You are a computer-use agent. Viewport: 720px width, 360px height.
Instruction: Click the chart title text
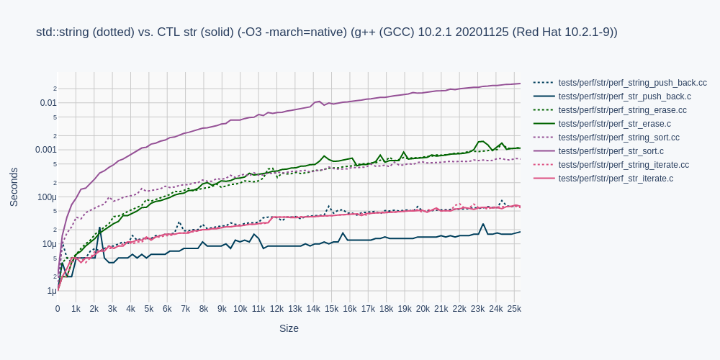pyautogui.click(x=326, y=32)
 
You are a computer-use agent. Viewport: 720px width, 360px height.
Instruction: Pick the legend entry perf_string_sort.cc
pyautogui.click(x=618, y=138)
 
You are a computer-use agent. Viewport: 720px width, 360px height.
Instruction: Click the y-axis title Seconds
pyautogui.click(x=14, y=187)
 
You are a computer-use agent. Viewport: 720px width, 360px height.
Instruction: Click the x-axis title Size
pyautogui.click(x=289, y=328)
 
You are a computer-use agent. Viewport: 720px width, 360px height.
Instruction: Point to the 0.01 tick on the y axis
pyautogui.click(x=48, y=103)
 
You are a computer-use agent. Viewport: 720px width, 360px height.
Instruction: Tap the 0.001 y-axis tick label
pyautogui.click(x=46, y=150)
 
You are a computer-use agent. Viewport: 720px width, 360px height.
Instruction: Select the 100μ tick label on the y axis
pyautogui.click(x=47, y=197)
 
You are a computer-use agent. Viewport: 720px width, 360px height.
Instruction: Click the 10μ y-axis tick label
pyautogui.click(x=49, y=244)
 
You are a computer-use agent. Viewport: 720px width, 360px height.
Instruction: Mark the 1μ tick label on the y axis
pyautogui.click(x=51, y=291)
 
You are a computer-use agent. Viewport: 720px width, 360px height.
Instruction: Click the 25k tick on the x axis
pyautogui.click(x=514, y=309)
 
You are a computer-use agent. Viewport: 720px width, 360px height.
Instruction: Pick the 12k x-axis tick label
pyautogui.click(x=276, y=309)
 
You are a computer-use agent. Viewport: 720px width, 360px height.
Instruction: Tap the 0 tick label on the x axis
pyautogui.click(x=58, y=309)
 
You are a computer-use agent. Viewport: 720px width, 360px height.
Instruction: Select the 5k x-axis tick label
pyautogui.click(x=149, y=309)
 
